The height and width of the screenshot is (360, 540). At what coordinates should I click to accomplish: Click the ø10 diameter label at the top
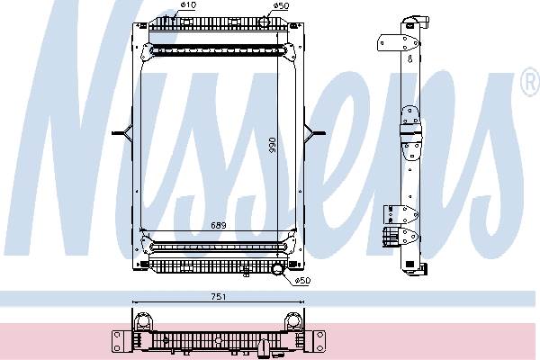[x=188, y=7]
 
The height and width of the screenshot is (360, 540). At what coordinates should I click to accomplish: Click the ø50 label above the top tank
[x=281, y=7]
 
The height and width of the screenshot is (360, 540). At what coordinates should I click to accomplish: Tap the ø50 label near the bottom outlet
[x=302, y=281]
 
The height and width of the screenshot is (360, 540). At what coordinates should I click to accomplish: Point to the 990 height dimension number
[x=272, y=146]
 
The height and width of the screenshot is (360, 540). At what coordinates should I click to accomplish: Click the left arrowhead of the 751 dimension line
[x=135, y=301]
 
